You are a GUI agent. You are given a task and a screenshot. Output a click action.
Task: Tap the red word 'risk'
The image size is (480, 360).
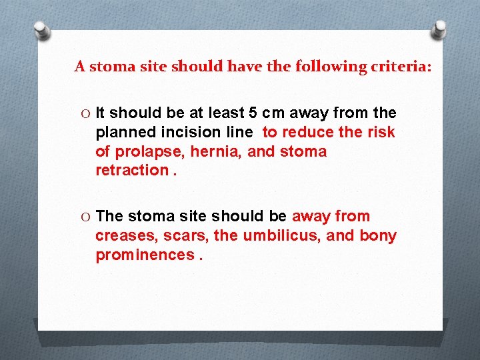point(379,132)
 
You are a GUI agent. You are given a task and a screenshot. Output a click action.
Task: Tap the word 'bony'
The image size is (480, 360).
point(377,236)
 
